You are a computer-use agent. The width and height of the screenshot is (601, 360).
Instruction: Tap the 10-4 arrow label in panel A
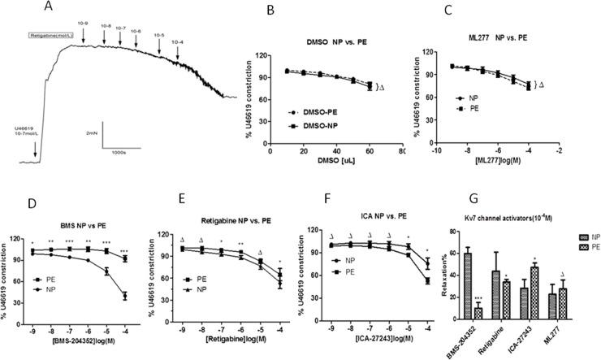click(178, 41)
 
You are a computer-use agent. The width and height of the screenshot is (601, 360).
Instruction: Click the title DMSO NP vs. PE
click(325, 41)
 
